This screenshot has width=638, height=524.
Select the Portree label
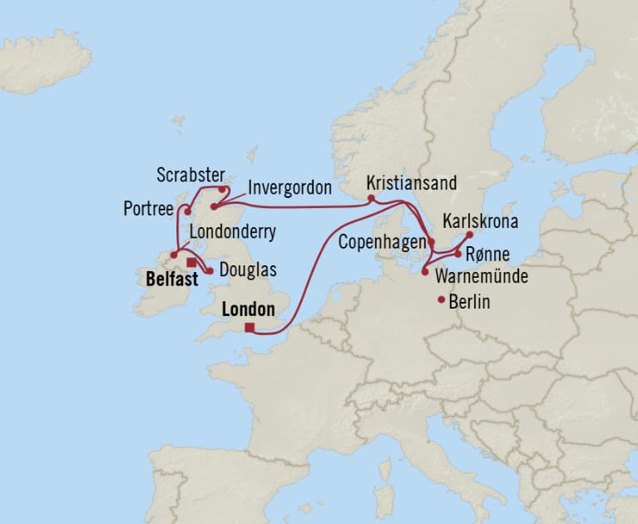coord(146,208)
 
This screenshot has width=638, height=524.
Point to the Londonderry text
coord(234,232)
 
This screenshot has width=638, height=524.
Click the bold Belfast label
coord(171,279)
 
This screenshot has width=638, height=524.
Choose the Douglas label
coord(249,271)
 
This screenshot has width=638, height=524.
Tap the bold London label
coord(249,309)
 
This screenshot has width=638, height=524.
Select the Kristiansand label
coord(411,183)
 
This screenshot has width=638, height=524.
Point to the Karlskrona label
coord(481,222)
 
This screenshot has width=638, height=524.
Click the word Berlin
coord(469,302)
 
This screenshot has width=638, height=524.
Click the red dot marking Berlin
coord(441,300)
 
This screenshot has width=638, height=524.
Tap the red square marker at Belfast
coord(191,262)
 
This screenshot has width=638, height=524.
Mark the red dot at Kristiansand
coord(371,198)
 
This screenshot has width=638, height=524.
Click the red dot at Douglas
coord(210,270)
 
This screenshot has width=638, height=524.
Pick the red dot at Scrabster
coord(221,189)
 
